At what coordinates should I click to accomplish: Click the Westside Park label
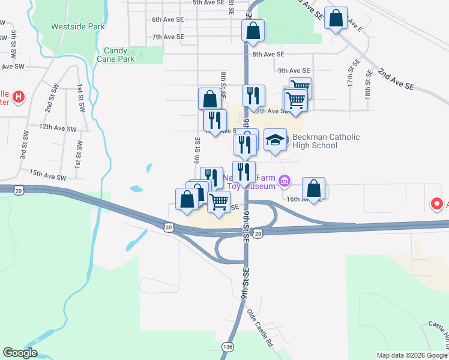click(77, 26)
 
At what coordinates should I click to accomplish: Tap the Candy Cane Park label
click(119, 55)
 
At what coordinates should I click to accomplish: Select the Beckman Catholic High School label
click(326, 141)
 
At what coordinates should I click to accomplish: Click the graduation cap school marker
click(276, 140)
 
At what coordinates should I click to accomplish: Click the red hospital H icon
click(19, 96)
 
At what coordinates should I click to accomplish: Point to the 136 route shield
click(227, 347)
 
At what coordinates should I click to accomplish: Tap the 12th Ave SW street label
click(58, 128)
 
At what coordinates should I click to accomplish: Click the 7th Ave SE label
click(167, 37)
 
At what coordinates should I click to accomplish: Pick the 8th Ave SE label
click(268, 55)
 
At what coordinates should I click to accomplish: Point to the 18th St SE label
click(367, 88)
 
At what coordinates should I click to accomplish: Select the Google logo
click(20, 353)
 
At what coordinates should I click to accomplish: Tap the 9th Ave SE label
click(294, 71)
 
